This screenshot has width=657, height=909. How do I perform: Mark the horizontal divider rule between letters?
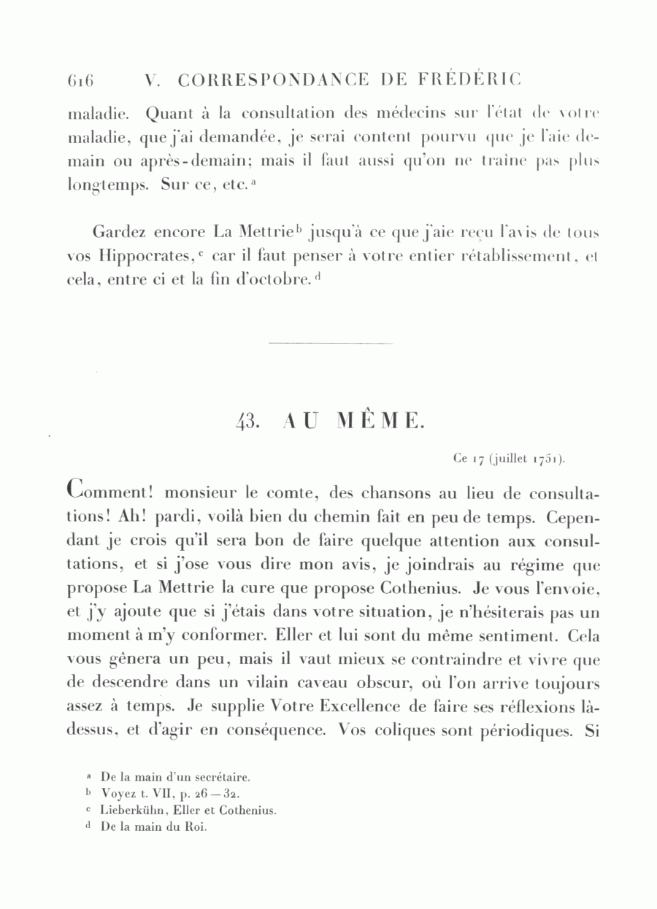tap(330, 342)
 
